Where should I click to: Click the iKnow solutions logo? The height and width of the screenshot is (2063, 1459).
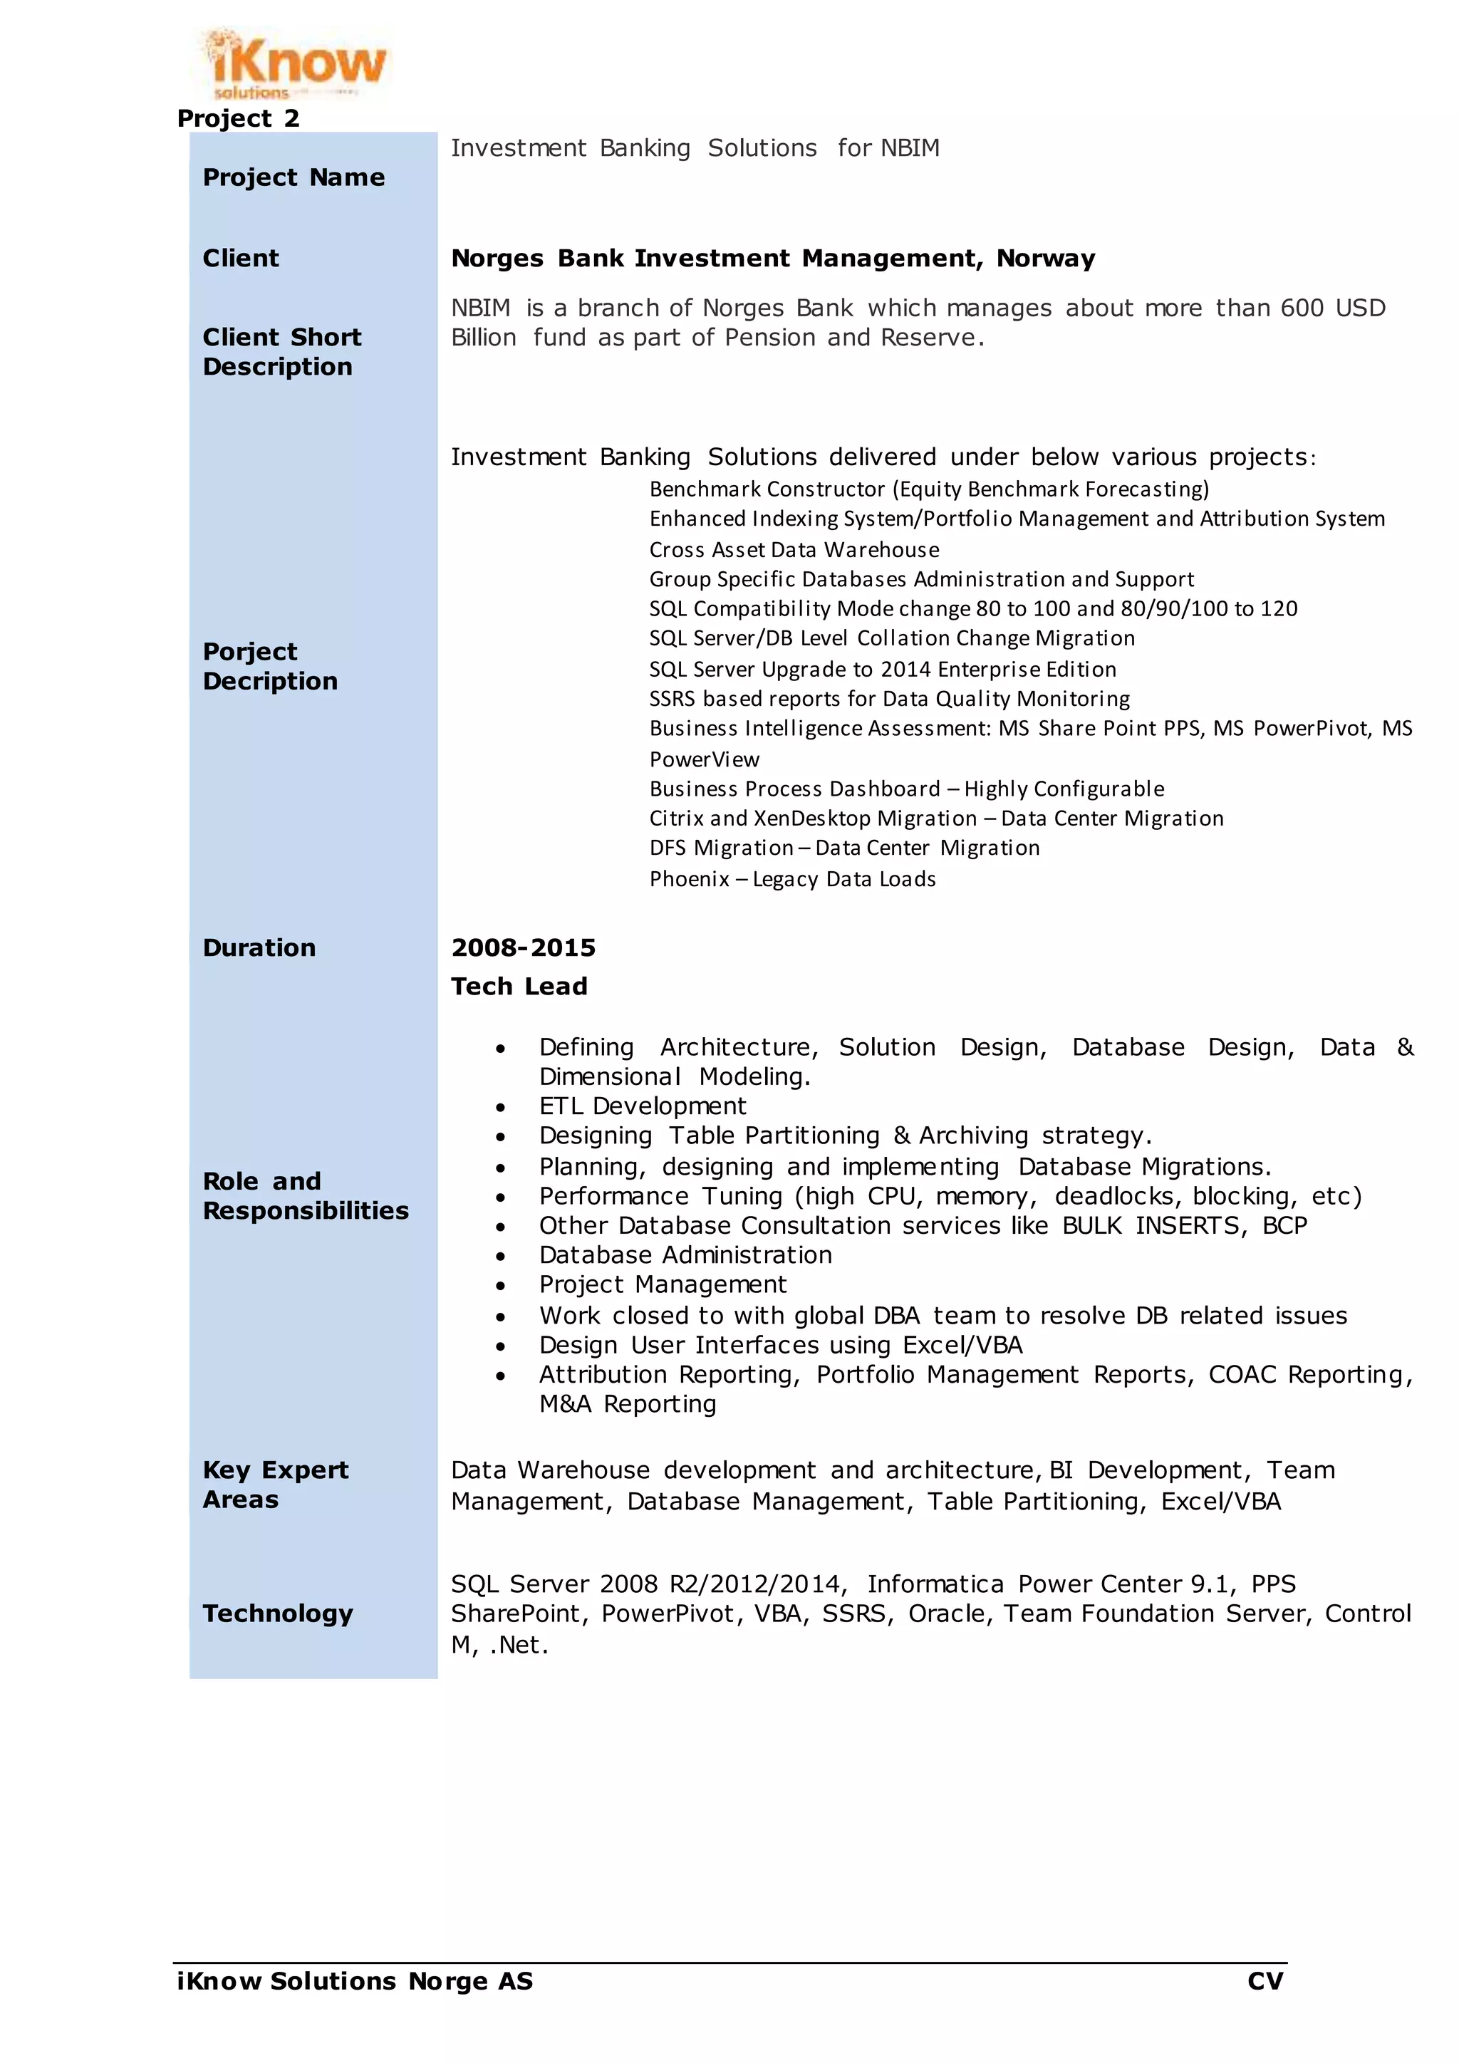click(294, 63)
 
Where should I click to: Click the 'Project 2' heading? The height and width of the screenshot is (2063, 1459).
click(238, 118)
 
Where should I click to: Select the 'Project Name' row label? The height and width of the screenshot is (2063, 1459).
click(294, 178)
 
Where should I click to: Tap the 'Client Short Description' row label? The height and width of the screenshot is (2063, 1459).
click(281, 351)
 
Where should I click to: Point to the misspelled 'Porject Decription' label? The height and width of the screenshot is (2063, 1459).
click(269, 666)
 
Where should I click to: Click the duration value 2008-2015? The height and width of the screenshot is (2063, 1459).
click(523, 948)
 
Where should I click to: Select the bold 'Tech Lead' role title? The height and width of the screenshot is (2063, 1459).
click(519, 987)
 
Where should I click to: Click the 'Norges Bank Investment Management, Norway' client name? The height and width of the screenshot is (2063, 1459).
click(773, 259)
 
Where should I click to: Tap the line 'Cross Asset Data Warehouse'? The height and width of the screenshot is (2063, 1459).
click(794, 550)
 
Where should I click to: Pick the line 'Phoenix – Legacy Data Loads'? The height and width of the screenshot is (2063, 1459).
click(791, 879)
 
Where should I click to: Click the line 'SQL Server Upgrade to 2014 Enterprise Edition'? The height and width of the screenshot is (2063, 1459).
click(882, 670)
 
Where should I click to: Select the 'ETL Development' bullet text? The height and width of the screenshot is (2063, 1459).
click(643, 1106)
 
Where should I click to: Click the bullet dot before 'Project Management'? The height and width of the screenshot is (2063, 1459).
click(500, 1287)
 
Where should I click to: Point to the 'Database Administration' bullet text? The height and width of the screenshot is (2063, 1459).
click(685, 1255)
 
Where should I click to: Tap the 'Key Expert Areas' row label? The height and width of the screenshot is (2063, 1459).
click(275, 1485)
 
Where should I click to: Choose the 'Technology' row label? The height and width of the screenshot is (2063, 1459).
click(278, 1613)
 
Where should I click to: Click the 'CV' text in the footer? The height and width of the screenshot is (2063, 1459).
click(1265, 1981)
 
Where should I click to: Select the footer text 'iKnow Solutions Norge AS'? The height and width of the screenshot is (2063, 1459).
click(355, 1981)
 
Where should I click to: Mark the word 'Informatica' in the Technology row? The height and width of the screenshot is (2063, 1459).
click(935, 1584)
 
